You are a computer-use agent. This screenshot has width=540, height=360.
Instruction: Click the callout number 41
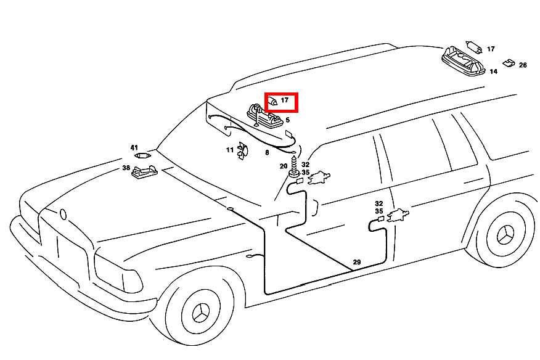134,148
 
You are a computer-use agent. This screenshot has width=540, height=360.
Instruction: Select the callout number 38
126,168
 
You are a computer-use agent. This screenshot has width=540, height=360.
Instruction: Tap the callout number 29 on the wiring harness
357,262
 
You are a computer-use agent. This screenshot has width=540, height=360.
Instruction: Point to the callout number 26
523,65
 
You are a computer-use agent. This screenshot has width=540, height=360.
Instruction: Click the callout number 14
494,72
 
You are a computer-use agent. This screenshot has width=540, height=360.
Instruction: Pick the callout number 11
230,150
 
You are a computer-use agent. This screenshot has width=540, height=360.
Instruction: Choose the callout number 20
284,166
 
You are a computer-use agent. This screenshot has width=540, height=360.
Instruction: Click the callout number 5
287,120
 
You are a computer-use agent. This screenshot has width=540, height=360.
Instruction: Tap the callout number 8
267,153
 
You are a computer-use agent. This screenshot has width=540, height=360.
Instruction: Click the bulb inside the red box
272,101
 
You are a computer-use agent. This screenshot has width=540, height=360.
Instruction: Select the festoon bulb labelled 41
142,156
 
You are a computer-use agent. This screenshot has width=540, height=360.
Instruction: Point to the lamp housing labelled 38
145,172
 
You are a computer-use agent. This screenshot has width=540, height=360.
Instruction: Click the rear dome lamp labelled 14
463,61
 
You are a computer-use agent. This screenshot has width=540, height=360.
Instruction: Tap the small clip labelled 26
509,63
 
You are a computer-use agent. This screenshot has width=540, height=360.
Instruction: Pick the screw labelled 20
294,167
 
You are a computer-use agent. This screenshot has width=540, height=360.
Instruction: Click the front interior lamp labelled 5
264,116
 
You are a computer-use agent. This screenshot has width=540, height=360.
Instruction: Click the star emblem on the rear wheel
505,235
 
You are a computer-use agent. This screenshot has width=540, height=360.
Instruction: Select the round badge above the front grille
63,215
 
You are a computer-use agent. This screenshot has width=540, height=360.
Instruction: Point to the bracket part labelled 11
242,151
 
